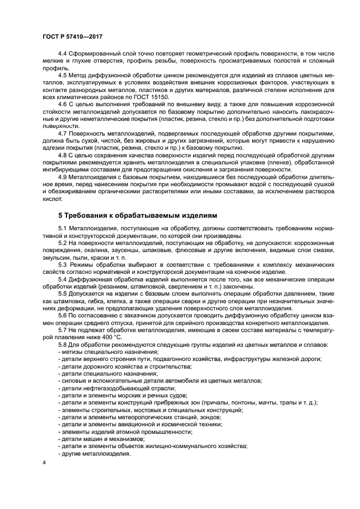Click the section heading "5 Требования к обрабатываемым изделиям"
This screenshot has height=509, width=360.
(x=131, y=216)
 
